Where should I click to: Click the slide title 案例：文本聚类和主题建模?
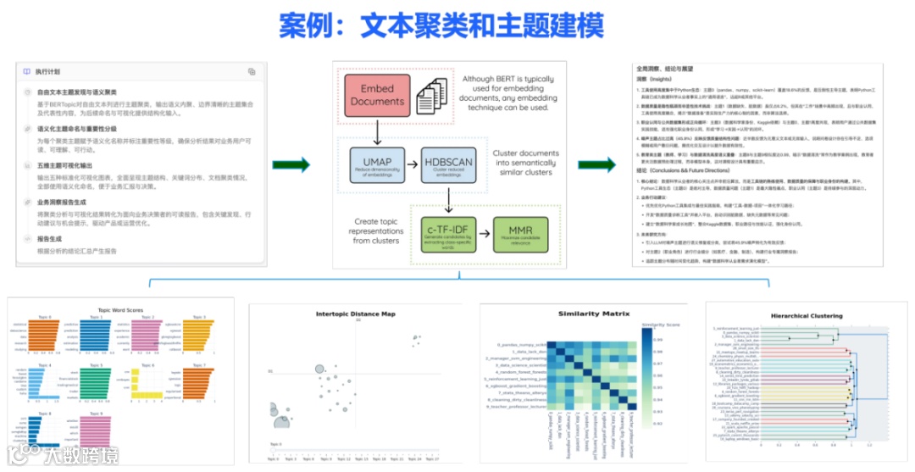tap(441, 25)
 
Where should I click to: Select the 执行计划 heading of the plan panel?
tap(47, 72)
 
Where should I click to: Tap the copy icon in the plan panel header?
tap(252, 72)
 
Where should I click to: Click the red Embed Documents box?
tap(377, 95)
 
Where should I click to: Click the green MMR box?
tap(519, 233)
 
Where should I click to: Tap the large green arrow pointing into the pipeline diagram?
tap(296, 164)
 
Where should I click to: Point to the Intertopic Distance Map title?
tap(355, 314)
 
